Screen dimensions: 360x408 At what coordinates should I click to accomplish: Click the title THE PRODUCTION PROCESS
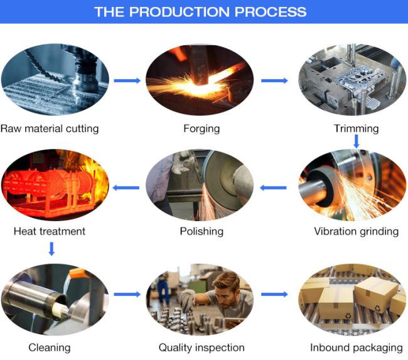click(200, 11)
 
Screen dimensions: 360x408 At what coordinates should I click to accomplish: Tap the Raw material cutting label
click(50, 129)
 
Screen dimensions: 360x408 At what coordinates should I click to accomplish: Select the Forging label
click(201, 129)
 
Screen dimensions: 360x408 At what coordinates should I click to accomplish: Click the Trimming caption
click(356, 129)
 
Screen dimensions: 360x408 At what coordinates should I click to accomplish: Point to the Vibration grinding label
click(356, 231)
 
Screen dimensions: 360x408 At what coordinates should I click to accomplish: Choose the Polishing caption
click(201, 231)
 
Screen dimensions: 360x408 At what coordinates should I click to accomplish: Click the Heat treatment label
click(50, 231)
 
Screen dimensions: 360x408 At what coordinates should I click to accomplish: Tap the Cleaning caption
click(50, 347)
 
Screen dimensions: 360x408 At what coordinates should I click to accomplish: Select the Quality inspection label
click(201, 347)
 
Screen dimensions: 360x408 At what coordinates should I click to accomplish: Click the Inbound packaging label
click(356, 347)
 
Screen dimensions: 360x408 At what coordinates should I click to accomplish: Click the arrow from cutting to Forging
click(127, 80)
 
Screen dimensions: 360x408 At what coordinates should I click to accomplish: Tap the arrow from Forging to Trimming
click(274, 80)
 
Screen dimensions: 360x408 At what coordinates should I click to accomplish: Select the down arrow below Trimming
click(356, 142)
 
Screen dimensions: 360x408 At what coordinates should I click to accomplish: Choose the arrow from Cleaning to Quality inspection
click(127, 294)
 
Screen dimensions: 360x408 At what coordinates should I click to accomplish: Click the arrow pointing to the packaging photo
click(274, 294)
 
